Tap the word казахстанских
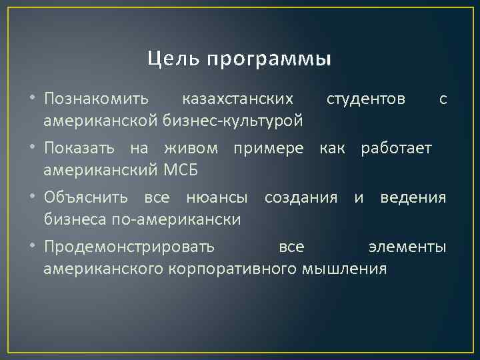237,99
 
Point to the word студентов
365,99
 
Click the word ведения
413,198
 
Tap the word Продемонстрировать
129,247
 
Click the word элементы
407,247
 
